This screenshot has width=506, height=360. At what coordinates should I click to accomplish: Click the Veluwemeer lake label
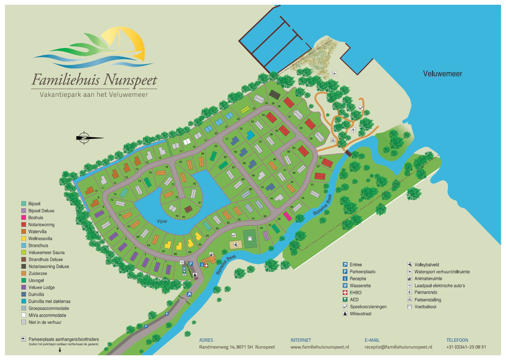(x=442, y=74)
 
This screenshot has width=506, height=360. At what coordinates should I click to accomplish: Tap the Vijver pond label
(x=162, y=221)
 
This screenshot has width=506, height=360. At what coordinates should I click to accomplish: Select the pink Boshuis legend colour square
(x=24, y=217)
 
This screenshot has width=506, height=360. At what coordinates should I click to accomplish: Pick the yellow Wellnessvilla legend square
(x=24, y=238)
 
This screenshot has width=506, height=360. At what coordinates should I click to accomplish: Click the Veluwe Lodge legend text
(x=41, y=287)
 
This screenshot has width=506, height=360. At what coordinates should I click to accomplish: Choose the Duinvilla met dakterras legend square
(x=24, y=301)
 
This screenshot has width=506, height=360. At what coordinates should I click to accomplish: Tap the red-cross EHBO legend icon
(x=345, y=293)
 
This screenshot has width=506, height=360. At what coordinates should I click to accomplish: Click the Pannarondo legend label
(x=426, y=292)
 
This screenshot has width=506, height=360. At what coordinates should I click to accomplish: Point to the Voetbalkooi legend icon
(x=410, y=307)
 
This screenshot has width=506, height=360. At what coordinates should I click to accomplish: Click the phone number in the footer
(x=466, y=347)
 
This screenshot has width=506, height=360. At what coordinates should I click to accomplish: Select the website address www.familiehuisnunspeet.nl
(x=320, y=347)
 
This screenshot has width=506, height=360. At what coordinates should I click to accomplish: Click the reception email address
(x=398, y=347)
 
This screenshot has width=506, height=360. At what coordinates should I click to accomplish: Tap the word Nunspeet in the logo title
(x=130, y=80)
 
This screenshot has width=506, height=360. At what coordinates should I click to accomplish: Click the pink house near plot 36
(x=287, y=216)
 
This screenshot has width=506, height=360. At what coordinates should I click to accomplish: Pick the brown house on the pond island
(x=188, y=209)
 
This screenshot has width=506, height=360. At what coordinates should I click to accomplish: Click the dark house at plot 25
(x=275, y=94)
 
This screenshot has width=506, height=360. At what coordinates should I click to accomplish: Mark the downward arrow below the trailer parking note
(x=60, y=350)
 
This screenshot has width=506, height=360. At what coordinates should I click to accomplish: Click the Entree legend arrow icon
(x=345, y=265)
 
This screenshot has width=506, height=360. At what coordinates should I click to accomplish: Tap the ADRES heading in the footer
(x=206, y=340)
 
